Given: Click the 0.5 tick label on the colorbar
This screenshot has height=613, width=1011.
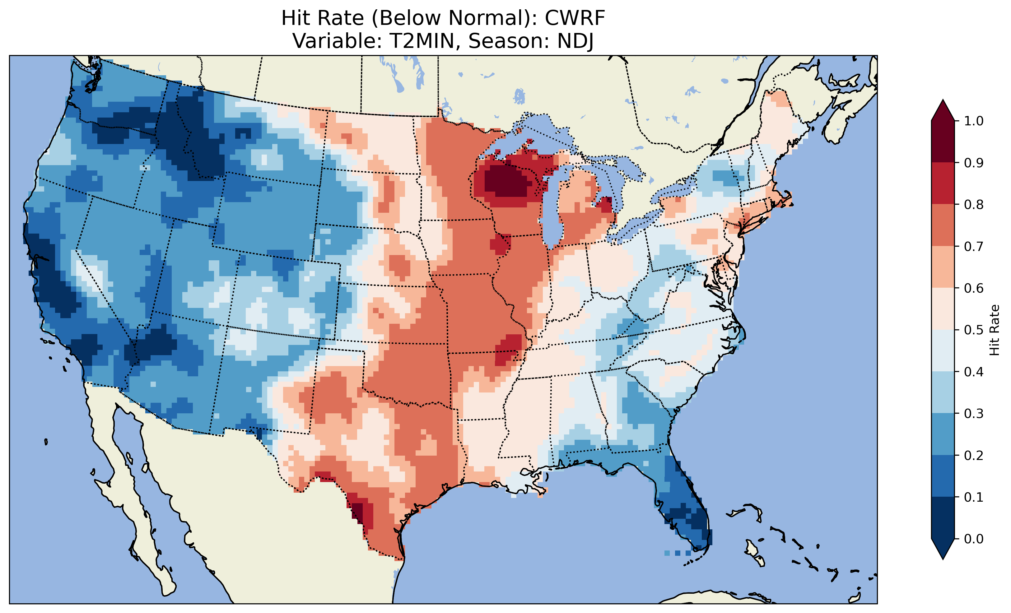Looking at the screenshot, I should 974,330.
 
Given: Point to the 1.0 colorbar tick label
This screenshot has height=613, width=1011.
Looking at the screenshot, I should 974,121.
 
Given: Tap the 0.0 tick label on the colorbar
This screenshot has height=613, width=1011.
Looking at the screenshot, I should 974,539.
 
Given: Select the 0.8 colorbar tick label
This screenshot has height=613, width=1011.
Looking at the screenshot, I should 974,205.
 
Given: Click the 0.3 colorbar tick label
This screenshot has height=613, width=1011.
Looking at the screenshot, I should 974,414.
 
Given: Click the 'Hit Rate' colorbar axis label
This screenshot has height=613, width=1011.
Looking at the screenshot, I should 994,330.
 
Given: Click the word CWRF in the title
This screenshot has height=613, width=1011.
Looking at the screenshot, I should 575,18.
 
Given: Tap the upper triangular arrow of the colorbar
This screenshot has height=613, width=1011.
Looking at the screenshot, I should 943,110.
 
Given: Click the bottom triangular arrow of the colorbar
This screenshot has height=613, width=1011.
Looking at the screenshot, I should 943,549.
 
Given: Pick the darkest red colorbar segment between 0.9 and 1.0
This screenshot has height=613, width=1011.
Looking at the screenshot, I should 943,142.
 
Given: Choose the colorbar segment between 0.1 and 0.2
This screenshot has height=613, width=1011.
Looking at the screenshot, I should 943,476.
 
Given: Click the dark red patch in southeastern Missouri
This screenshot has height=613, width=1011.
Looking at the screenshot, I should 509,349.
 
